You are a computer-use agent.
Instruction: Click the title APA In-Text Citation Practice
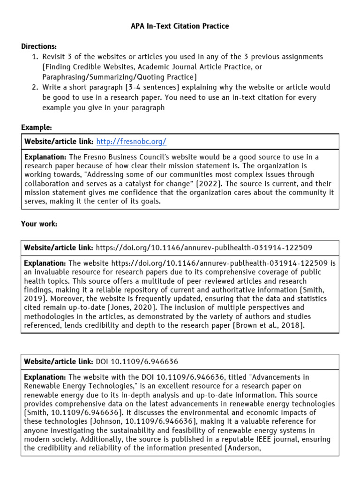click(x=180, y=26)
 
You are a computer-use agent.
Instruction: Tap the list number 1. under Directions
click(x=35, y=57)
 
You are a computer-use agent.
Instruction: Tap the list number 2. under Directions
click(x=35, y=87)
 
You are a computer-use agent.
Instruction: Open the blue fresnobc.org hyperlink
click(x=131, y=142)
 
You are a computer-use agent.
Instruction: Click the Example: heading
click(x=37, y=127)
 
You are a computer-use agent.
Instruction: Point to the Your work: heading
click(x=39, y=224)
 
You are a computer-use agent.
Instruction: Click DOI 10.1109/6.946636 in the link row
click(x=137, y=362)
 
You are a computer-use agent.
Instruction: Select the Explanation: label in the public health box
click(x=45, y=263)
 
